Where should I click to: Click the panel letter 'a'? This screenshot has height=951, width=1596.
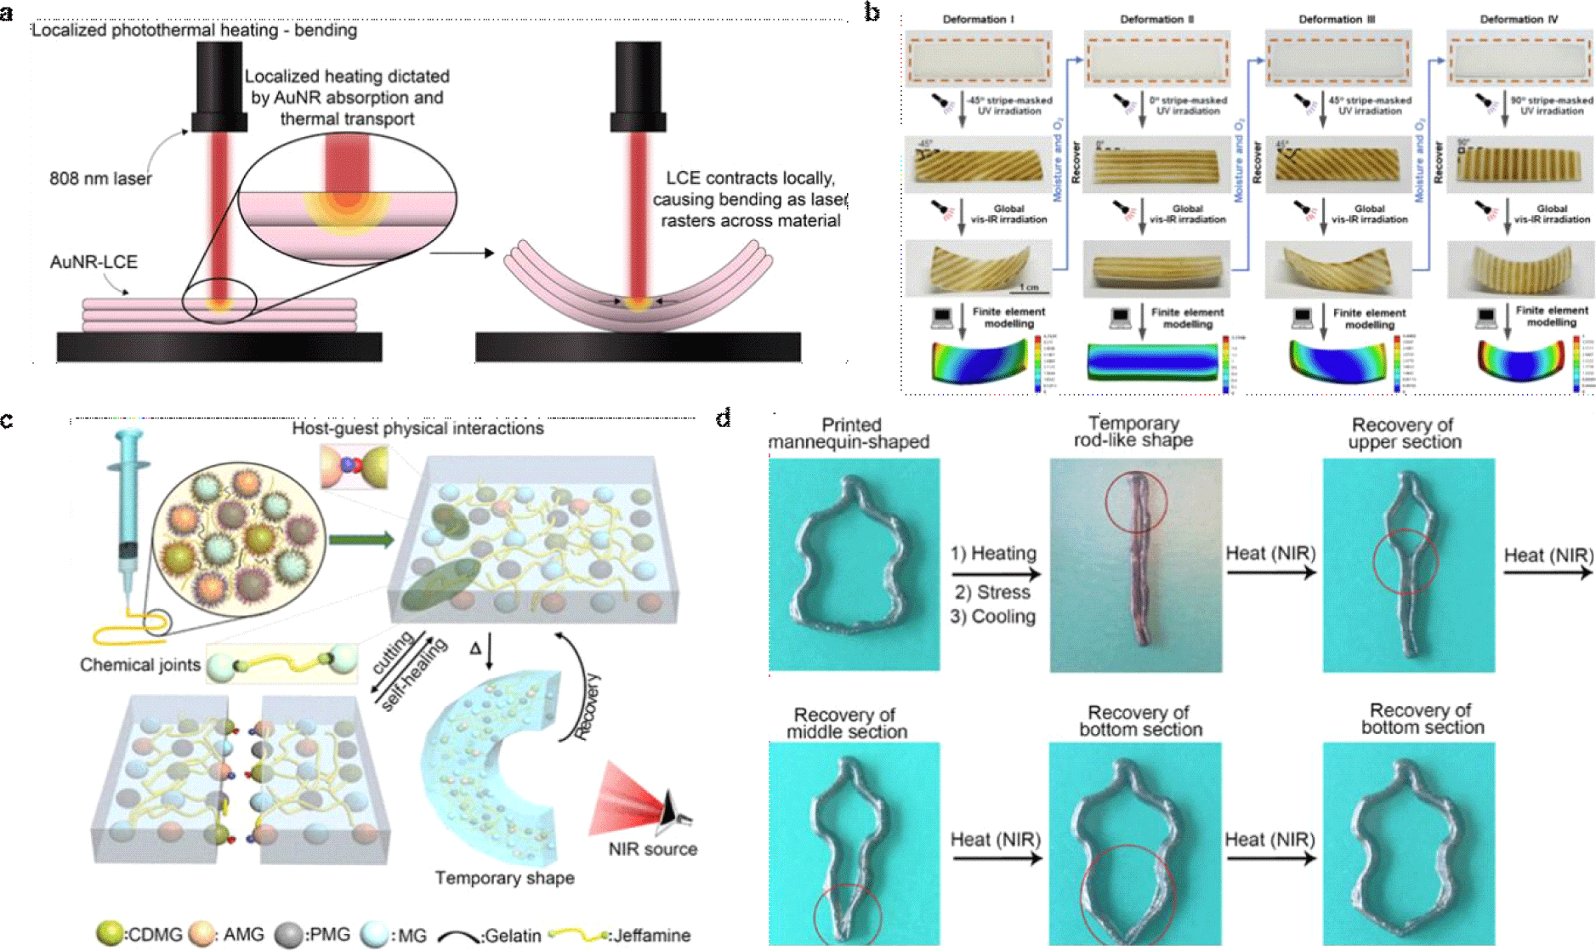pos(8,12)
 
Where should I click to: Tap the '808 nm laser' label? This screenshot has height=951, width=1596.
pos(100,179)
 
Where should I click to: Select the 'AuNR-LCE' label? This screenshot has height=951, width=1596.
pos(94,262)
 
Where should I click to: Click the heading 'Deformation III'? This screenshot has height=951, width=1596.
pos(1337,19)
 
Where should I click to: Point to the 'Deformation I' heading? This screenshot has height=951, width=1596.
pos(978,19)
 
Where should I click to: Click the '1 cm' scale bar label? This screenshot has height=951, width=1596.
pos(1029,288)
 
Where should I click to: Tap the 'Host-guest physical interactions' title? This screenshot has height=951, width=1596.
pos(417,428)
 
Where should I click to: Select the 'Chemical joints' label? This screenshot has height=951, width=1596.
pos(140,665)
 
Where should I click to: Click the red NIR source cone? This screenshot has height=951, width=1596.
pos(625,800)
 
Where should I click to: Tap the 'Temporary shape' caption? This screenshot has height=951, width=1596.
pos(504,878)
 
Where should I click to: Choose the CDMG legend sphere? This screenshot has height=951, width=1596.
pos(110,934)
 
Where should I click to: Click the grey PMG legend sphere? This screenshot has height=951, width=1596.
pos(289,934)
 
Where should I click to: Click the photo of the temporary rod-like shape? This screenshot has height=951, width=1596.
pos(1136,566)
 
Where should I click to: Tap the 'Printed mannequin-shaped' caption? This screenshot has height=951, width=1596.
pos(849,433)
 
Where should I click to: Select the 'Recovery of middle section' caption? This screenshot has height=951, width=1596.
pos(846,723)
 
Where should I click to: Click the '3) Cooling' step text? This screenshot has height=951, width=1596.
pos(993,616)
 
